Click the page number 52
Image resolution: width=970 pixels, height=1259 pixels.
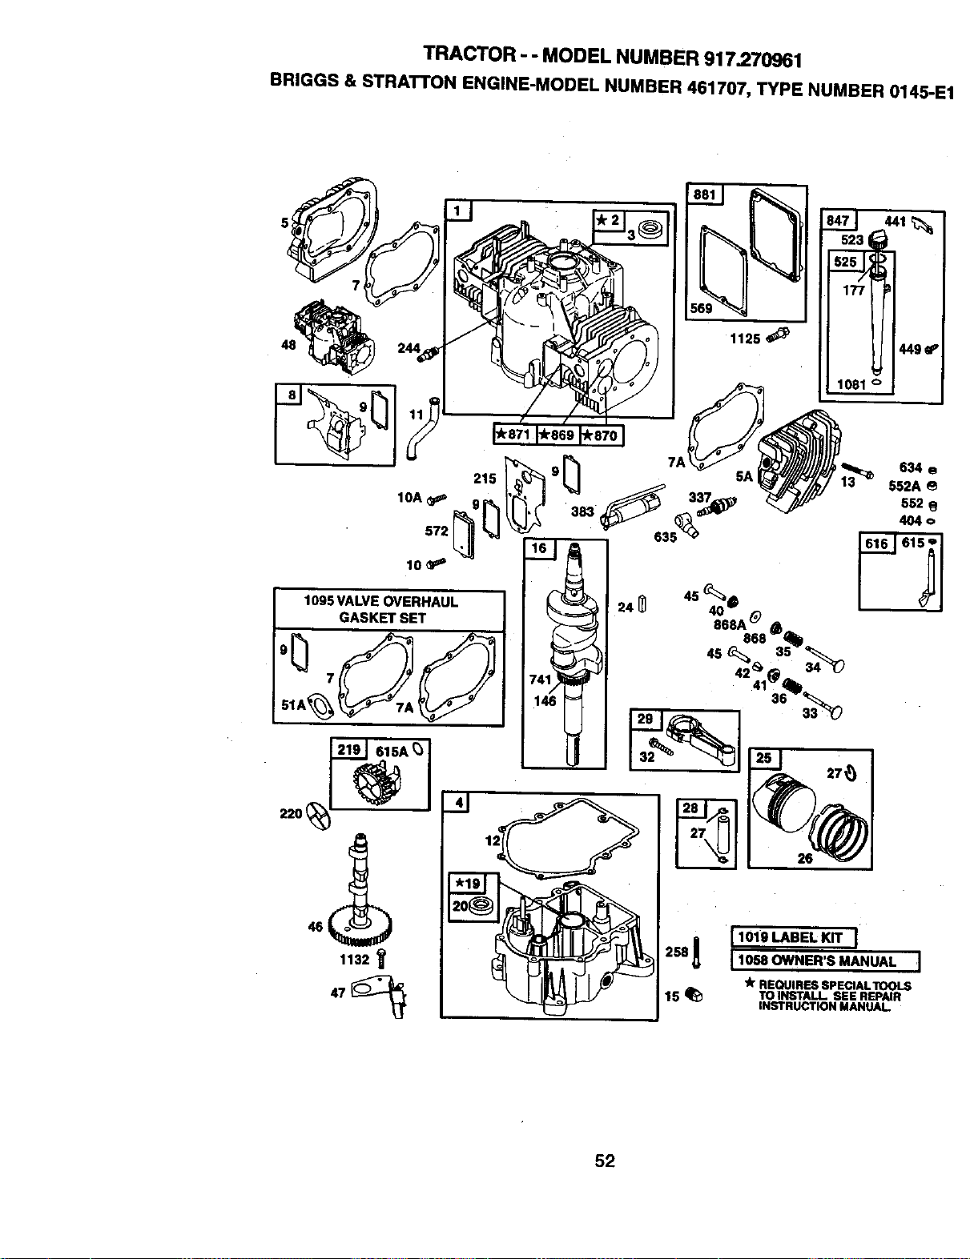(605, 1160)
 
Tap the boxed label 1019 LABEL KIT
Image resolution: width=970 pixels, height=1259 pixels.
(794, 937)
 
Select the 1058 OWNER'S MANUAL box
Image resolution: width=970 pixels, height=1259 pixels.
(825, 961)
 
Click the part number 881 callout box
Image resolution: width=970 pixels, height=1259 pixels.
(704, 194)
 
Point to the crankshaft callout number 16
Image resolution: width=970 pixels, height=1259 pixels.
(539, 548)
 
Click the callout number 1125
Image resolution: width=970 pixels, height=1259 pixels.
(745, 339)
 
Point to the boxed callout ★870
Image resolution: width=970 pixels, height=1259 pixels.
(602, 435)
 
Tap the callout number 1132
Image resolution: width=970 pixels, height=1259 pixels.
(354, 960)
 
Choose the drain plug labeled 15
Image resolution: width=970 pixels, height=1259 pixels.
(694, 995)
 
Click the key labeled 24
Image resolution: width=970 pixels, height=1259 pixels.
(642, 604)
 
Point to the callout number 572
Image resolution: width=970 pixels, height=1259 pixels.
(436, 531)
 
